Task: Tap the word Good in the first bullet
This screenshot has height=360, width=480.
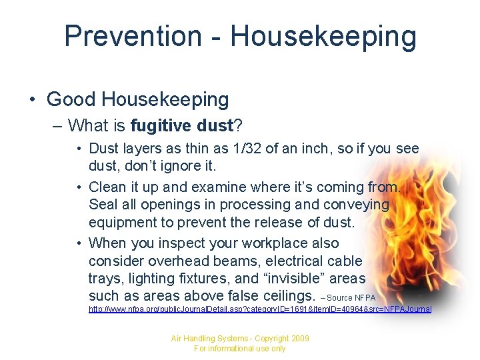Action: pyautogui.click(x=70, y=100)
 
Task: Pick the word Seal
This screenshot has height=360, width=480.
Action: pyautogui.click(x=103, y=205)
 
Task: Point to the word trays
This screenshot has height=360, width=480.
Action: pyautogui.click(x=105, y=278)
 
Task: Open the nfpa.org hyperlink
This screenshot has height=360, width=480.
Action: pyautogui.click(x=260, y=309)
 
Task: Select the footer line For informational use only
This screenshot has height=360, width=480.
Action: pyautogui.click(x=239, y=349)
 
